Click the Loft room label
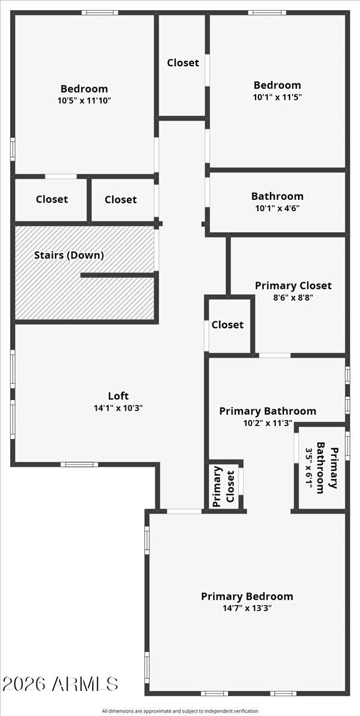(118, 396)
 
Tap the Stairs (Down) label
(69, 255)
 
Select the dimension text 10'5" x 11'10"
(84, 101)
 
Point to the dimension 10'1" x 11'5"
(278, 97)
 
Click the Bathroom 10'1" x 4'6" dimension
(278, 208)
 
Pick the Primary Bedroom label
(247, 597)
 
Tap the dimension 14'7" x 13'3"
(247, 608)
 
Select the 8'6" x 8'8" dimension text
(293, 298)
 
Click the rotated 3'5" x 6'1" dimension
(309, 468)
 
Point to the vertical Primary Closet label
(224, 486)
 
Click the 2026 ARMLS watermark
(60, 684)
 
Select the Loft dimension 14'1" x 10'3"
(118, 408)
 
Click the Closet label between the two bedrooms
(183, 63)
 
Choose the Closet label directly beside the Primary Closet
(227, 325)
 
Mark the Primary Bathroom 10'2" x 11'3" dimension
(268, 423)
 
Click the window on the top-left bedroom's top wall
(100, 13)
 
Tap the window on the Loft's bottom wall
(79, 464)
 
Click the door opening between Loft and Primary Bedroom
(184, 511)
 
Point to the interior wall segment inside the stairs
(118, 275)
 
